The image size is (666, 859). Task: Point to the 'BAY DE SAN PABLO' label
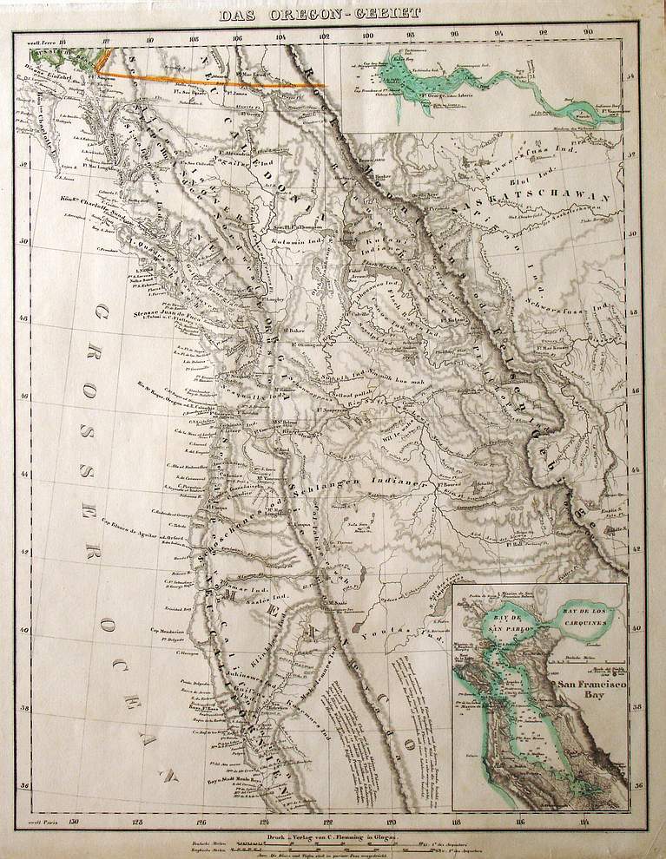coord(500,620)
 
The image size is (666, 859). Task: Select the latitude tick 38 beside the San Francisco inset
coord(639,708)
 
